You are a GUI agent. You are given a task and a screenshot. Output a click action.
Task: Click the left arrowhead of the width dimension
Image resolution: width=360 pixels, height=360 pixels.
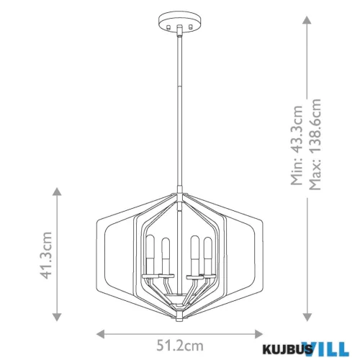pos(101,334)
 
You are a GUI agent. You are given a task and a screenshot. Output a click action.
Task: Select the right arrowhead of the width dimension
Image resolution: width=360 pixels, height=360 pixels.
pos(260,334)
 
